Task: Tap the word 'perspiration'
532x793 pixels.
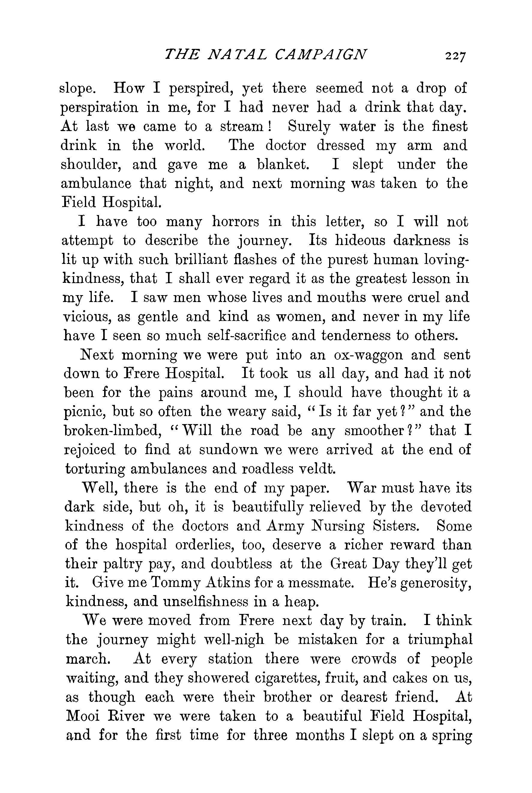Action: pos(99,108)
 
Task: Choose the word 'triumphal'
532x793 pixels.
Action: pos(440,640)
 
